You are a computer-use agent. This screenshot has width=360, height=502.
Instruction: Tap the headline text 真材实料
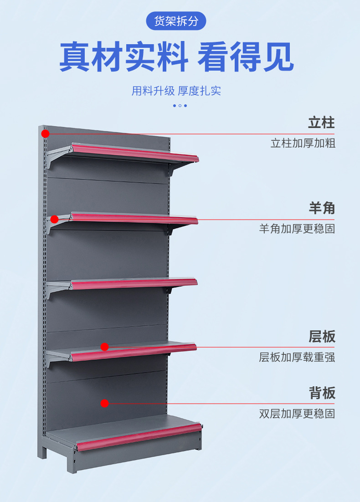123,56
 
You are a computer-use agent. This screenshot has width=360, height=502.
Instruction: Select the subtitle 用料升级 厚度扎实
176,91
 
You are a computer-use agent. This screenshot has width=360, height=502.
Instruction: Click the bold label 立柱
321,123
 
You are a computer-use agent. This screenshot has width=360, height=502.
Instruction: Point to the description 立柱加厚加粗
303,143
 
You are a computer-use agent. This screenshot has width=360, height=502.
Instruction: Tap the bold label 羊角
322,208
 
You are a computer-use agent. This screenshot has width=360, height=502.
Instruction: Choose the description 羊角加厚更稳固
297,229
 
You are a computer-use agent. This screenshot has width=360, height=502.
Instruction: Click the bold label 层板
322,337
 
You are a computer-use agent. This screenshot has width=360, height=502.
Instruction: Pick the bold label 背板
322,393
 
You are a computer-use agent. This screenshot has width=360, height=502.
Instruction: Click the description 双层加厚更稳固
297,414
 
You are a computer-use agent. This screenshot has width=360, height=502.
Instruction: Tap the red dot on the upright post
45,133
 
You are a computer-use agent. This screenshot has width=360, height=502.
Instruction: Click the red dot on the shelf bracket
54,219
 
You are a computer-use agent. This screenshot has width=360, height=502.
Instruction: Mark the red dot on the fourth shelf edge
104,347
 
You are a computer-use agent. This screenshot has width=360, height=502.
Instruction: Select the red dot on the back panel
104,403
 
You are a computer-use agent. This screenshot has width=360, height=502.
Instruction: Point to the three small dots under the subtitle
180,106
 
